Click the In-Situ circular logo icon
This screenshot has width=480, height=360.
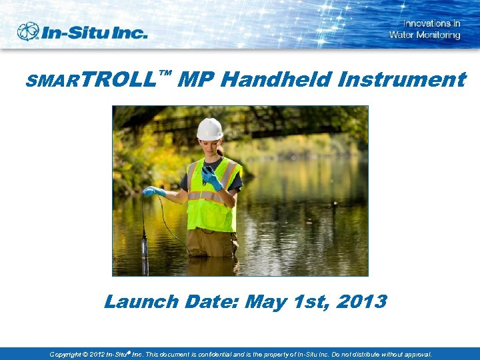29,31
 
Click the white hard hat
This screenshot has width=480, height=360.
209,129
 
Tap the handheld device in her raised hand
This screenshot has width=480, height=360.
207,171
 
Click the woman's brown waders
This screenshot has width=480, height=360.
211,243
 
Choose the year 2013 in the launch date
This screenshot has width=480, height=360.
361,302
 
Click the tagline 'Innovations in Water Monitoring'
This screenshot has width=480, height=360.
425,29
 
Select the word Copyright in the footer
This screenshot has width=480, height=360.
65,355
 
